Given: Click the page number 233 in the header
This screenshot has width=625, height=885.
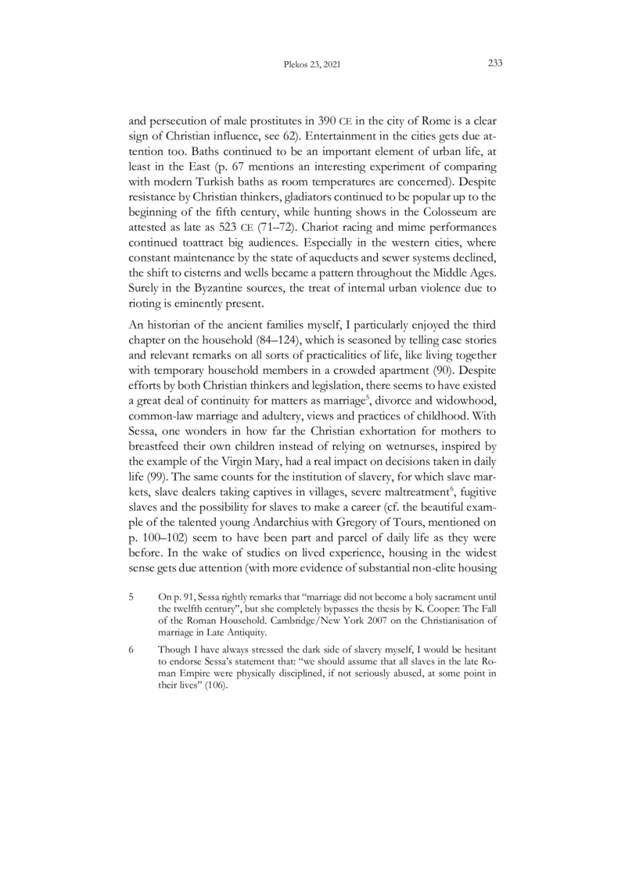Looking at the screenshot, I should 494,65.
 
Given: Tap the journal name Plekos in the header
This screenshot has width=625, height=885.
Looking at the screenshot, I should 289,66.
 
